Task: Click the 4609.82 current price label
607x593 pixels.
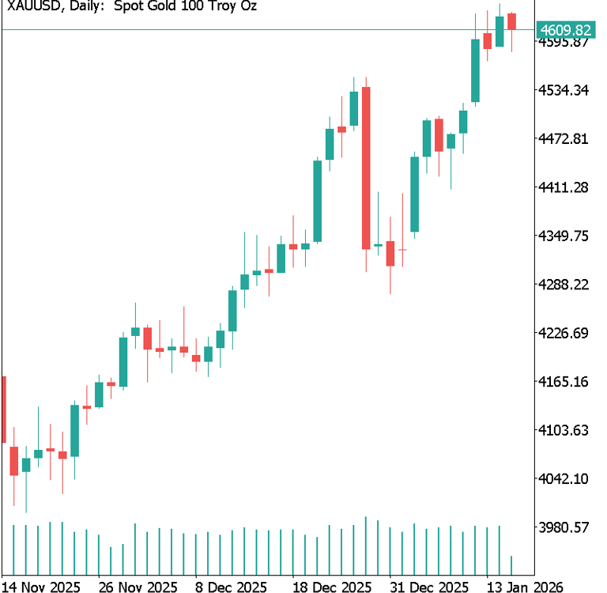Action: [x=564, y=30]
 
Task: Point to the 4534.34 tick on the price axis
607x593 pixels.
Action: [x=564, y=90]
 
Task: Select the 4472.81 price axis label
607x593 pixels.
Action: [x=564, y=139]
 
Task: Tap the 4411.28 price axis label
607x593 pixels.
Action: [x=564, y=187]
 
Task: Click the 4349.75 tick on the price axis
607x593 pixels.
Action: [x=564, y=236]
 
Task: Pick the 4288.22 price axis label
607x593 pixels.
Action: [x=564, y=285]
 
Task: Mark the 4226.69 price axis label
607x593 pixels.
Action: [x=564, y=333]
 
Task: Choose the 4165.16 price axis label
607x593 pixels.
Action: [x=564, y=382]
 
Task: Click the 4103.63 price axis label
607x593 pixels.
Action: [x=564, y=430]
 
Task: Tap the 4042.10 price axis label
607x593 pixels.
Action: [x=564, y=479]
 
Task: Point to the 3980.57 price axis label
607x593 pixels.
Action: [x=564, y=527]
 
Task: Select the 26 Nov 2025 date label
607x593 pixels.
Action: [x=138, y=586]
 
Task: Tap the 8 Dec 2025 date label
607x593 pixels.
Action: [x=231, y=586]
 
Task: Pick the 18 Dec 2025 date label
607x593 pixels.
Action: [x=332, y=586]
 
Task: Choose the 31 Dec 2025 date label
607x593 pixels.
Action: [x=432, y=586]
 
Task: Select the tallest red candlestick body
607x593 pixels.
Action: [x=366, y=168]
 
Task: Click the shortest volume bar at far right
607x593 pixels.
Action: [x=512, y=565]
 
